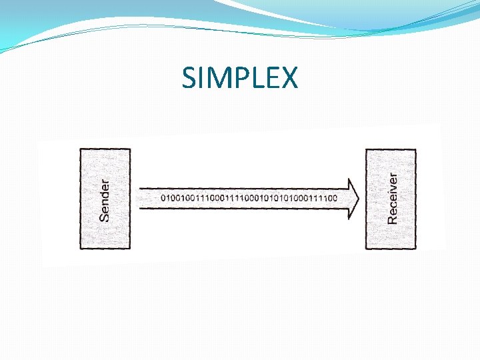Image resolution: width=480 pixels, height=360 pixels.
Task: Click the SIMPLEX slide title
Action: click(x=240, y=78)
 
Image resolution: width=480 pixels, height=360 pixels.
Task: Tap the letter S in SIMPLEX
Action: click(x=189, y=78)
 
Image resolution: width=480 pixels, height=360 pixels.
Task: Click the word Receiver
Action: click(x=393, y=198)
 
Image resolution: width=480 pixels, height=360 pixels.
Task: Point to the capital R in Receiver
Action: click(x=393, y=218)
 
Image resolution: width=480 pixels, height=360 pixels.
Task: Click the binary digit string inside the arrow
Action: click(x=249, y=198)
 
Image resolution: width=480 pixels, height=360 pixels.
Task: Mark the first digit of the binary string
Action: click(x=163, y=198)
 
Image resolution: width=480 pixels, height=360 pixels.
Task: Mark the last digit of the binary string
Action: click(x=335, y=198)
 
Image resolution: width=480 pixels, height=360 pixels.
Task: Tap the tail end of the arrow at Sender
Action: click(x=138, y=198)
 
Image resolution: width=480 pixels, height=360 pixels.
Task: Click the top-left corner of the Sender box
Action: click(x=80, y=149)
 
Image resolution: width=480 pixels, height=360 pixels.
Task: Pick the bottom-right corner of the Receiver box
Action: click(x=416, y=249)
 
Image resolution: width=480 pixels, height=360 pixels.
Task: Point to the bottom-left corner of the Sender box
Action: click(x=80, y=249)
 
